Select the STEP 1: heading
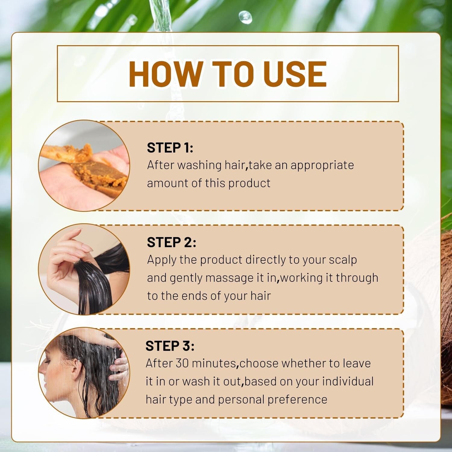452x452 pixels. pyautogui.click(x=170, y=148)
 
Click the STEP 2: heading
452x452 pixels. pyautogui.click(x=171, y=242)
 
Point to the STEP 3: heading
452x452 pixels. pyautogui.click(x=170, y=346)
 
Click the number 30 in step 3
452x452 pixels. pyautogui.click(x=182, y=363)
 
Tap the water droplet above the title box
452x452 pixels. pyautogui.click(x=246, y=17)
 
